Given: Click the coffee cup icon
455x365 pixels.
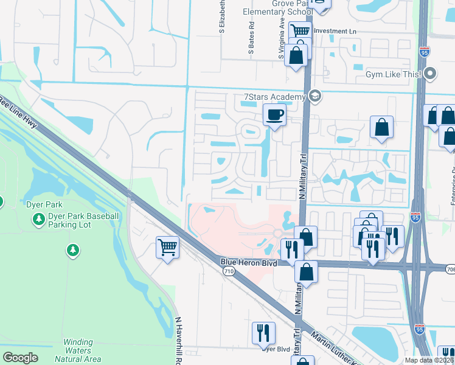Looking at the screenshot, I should [274, 114].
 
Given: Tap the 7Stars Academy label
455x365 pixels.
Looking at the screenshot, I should [274, 97].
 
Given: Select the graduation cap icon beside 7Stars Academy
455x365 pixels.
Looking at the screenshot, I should [314, 96].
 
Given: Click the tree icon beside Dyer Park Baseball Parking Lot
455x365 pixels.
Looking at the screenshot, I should [39, 218].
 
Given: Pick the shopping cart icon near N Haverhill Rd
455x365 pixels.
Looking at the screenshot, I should [167, 247].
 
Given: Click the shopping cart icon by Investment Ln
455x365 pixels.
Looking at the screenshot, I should [299, 30].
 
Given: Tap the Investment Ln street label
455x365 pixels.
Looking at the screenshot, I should [335, 31].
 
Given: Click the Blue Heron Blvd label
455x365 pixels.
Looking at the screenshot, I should [248, 263].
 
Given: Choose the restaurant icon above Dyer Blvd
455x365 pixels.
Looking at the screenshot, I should [263, 332].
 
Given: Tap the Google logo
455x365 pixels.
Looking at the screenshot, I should [20, 358].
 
